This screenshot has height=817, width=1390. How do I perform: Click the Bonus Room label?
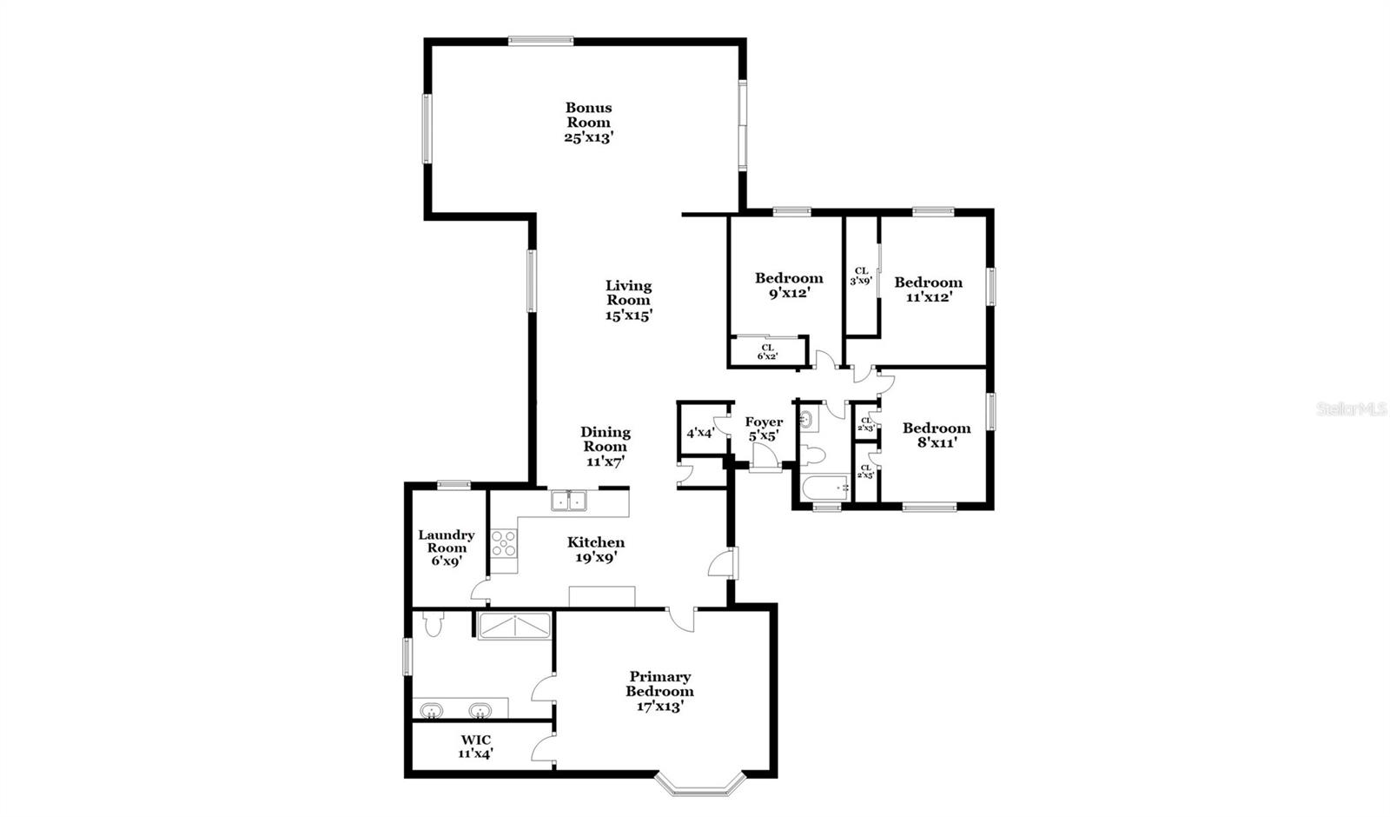[x=589, y=122]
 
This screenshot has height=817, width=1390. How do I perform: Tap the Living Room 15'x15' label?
[x=628, y=300]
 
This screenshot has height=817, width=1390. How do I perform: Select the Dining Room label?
[x=606, y=447]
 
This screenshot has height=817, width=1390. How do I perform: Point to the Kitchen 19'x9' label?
[x=596, y=549]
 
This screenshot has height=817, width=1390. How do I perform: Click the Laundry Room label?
[x=447, y=548]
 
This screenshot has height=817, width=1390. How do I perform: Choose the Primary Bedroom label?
[x=660, y=691]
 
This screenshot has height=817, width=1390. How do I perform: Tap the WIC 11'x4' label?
[x=476, y=747]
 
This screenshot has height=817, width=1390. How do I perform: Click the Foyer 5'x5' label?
[x=764, y=428]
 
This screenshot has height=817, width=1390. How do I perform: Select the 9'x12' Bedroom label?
[x=789, y=285]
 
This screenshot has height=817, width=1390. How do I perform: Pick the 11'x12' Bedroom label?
[x=928, y=289]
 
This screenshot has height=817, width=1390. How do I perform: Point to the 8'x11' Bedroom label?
[x=936, y=435]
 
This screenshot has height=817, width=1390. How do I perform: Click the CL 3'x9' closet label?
[x=862, y=276]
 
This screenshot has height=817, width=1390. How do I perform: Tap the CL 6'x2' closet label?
[x=768, y=351]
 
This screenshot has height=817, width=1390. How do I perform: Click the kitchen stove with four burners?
[x=504, y=543]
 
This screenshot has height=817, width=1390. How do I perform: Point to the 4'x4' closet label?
[x=700, y=432]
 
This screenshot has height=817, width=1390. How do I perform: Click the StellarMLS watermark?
[x=1352, y=408]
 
